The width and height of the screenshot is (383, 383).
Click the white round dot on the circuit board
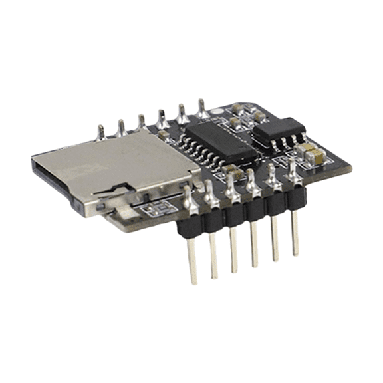point(217,108)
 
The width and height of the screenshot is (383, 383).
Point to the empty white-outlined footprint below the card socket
point(158,212)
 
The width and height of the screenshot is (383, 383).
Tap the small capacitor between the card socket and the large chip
point(166,136)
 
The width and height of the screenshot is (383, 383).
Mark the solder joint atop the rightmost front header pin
point(292,170)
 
